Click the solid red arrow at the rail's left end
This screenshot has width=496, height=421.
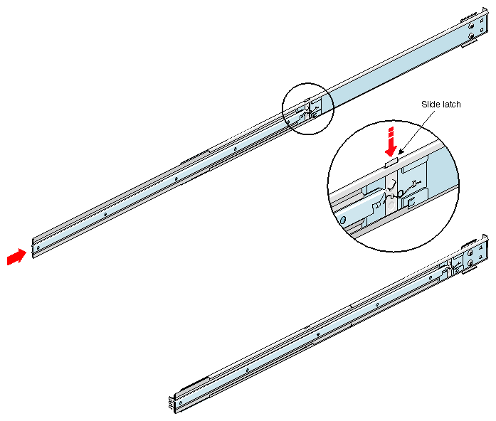tap(14, 257)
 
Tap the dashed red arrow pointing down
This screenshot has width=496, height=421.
tap(389, 142)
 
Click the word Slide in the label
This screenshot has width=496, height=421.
tap(431, 105)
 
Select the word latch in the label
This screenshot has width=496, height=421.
tap(451, 105)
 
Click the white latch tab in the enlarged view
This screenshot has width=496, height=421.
tap(391, 162)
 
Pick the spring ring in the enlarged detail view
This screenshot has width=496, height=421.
tap(400, 193)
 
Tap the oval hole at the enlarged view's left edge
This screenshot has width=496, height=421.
tap(343, 220)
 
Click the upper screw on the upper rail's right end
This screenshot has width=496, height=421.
tap(473, 23)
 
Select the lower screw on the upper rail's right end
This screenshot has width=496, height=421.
tap(473, 36)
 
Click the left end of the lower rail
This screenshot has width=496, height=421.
tap(173, 402)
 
